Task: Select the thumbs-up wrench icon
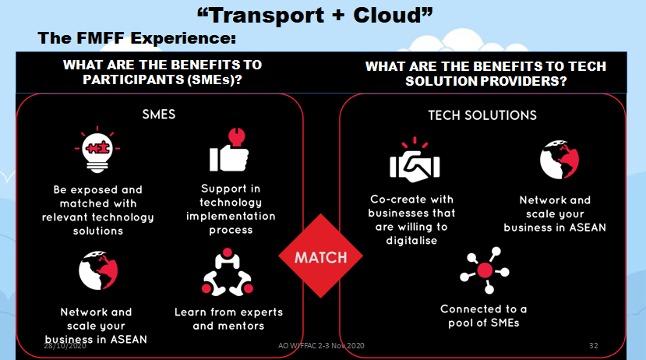[x=228, y=150]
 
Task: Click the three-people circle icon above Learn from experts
[x=228, y=274]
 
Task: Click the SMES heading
[x=159, y=114]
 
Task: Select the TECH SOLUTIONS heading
[x=482, y=115]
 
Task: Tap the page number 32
[x=594, y=344]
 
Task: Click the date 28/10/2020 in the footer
[x=65, y=344]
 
